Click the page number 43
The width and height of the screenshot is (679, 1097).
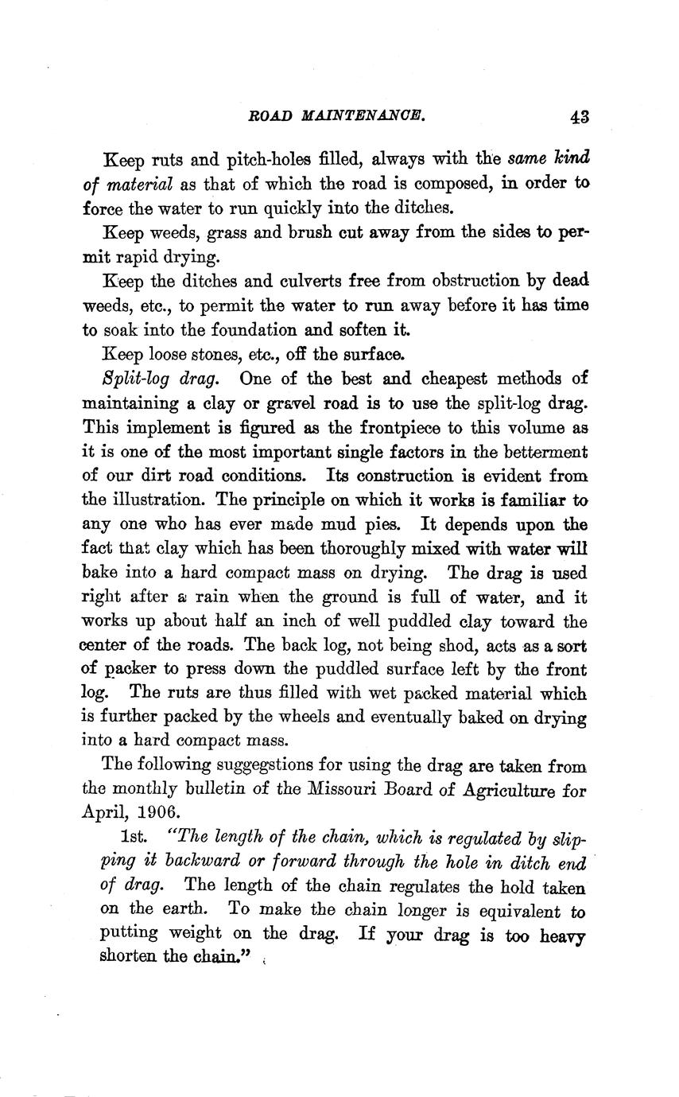point(578,116)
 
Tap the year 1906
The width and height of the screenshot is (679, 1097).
point(158,815)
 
